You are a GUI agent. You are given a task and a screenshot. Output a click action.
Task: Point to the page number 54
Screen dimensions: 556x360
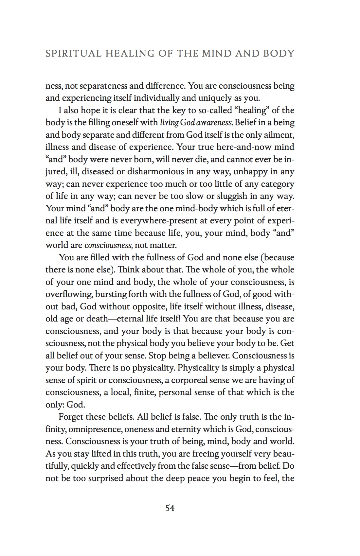coord(170,508)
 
